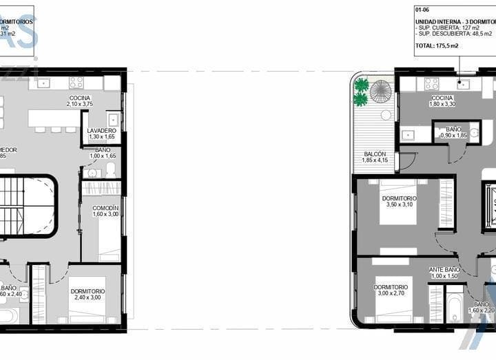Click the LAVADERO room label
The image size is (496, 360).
(102, 130)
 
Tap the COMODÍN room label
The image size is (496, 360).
(105, 208)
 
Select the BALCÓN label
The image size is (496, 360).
(374, 154)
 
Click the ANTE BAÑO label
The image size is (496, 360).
(445, 269)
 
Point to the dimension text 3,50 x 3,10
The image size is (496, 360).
(400, 204)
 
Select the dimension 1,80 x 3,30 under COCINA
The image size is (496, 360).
(442, 104)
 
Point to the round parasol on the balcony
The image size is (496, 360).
(380, 90)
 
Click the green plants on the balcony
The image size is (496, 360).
(361, 92)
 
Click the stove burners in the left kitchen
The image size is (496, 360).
(76, 83)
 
